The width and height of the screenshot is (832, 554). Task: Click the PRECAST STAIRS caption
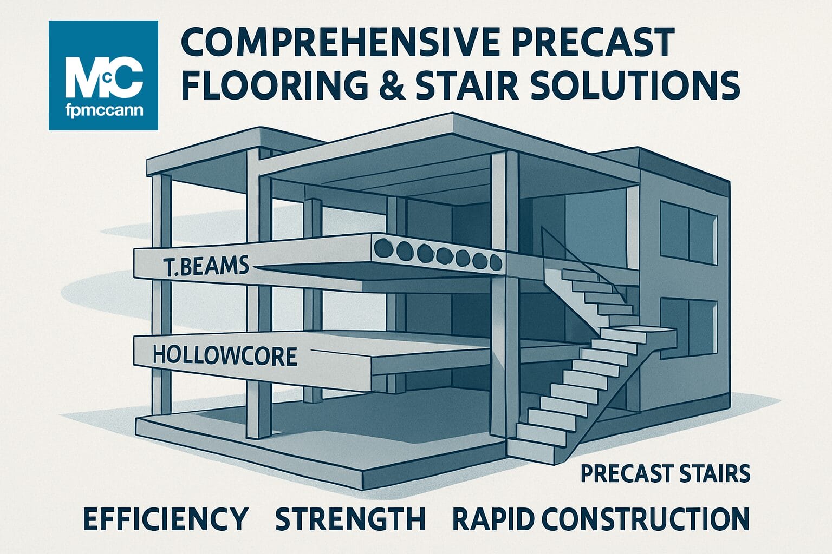click(665, 473)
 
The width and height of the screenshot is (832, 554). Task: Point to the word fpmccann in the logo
click(103, 111)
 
